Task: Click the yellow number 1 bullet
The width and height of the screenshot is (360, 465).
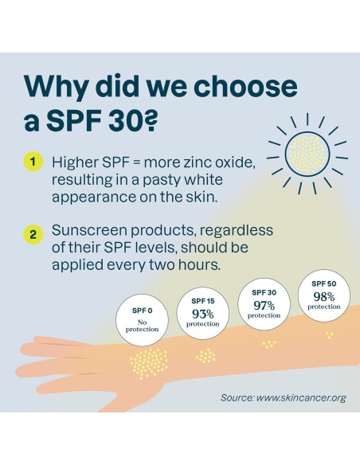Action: click(33, 162)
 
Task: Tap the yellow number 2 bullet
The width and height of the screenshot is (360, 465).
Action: click(33, 234)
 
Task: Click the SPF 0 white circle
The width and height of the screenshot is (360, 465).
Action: click(142, 318)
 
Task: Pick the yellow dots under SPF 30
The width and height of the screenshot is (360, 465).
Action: click(269, 344)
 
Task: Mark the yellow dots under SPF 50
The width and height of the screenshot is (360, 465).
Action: click(328, 335)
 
